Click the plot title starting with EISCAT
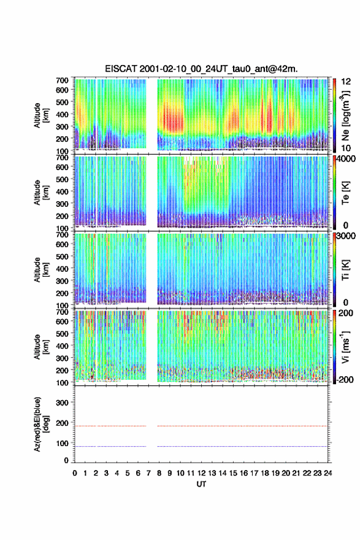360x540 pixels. pyautogui.click(x=201, y=69)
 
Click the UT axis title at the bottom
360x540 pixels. pyautogui.click(x=201, y=484)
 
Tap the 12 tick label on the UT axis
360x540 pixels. pyautogui.click(x=201, y=473)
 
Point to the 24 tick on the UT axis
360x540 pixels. pyautogui.click(x=327, y=473)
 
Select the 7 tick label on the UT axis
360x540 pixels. pyautogui.click(x=148, y=473)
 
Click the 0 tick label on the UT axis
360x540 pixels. pyautogui.click(x=75, y=473)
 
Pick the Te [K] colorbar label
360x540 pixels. pyautogui.click(x=345, y=193)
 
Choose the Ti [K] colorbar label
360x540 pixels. pyautogui.click(x=345, y=269)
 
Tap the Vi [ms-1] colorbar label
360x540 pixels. pyautogui.click(x=345, y=347)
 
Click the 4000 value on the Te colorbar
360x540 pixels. pyautogui.click(x=346, y=159)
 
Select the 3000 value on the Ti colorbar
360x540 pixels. pyautogui.click(x=346, y=236)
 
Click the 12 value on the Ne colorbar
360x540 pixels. pyautogui.click(x=346, y=82)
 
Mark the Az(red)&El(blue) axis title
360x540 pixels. pyautogui.click(x=40, y=424)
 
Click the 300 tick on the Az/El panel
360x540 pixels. pyautogui.click(x=63, y=403)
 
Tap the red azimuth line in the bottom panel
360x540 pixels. pyautogui.click(x=201, y=426)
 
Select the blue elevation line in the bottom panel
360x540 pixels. pyautogui.click(x=201, y=446)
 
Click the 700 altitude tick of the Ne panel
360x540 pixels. pyautogui.click(x=63, y=80)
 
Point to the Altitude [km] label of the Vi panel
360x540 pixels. pyautogui.click(x=40, y=347)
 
